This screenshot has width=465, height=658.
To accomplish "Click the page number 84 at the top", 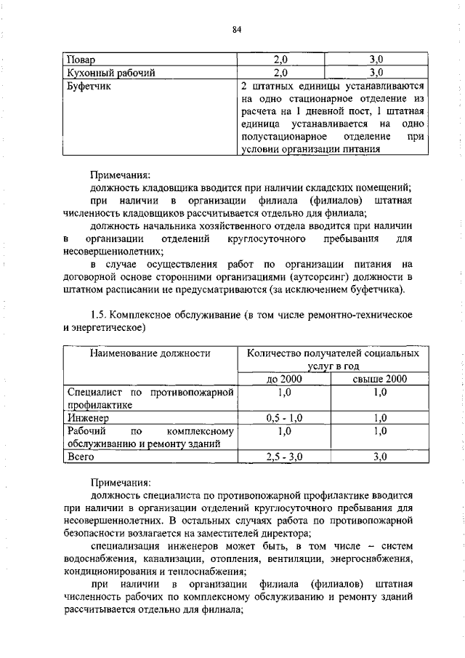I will pos(236,29).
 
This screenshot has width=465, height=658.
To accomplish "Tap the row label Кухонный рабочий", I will pos(110,72).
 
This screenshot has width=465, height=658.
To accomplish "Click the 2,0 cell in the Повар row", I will pos(281,59).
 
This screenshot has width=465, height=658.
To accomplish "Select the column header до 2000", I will pos(284,379).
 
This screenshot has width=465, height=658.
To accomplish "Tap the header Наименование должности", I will pos(150,353).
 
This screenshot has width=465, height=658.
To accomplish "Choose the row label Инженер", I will pos(87,418).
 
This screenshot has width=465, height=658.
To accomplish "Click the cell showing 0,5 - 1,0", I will pos(284,418).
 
